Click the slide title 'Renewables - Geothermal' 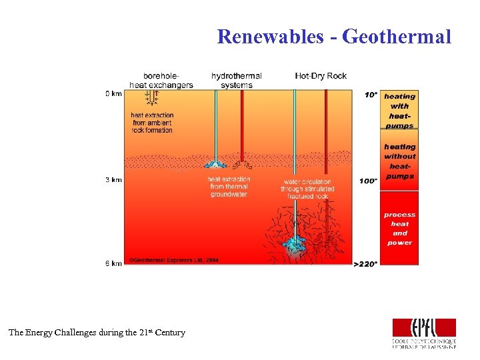[334, 36]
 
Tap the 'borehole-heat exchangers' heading [161, 80]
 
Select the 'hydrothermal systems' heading [236, 80]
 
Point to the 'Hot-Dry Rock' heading [321, 76]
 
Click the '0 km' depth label [113, 93]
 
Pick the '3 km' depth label [113, 180]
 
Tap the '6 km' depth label [113, 264]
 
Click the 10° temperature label [371, 95]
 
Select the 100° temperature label [369, 181]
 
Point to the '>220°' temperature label [365, 264]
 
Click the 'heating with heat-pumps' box [399, 110]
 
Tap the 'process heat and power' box [399, 228]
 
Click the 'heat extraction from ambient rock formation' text [151, 123]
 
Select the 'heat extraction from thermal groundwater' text [229, 187]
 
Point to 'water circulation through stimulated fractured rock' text [307, 189]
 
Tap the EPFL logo [425, 333]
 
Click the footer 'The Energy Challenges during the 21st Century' [97, 333]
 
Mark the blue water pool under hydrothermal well [215, 164]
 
